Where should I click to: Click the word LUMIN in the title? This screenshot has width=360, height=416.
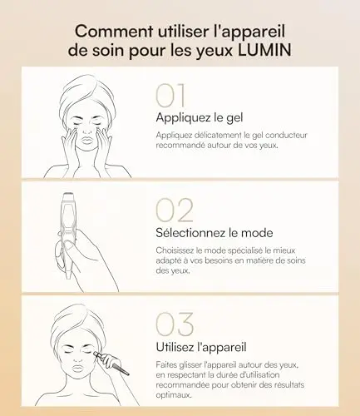264,51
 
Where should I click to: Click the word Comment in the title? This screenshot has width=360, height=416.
114,31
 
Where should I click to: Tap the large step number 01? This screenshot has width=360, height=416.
170,96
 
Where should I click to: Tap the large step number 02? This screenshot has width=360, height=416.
175,210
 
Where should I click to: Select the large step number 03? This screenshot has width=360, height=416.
175,324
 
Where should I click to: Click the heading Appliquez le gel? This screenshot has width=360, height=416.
200,118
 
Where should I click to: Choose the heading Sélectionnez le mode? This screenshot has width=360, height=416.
215,232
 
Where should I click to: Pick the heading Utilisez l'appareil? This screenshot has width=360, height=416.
201,347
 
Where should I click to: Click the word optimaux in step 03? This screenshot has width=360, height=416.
174,395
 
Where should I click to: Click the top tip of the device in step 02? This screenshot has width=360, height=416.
67,193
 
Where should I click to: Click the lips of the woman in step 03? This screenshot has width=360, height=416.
78,369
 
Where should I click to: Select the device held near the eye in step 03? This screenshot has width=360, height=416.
111,363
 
